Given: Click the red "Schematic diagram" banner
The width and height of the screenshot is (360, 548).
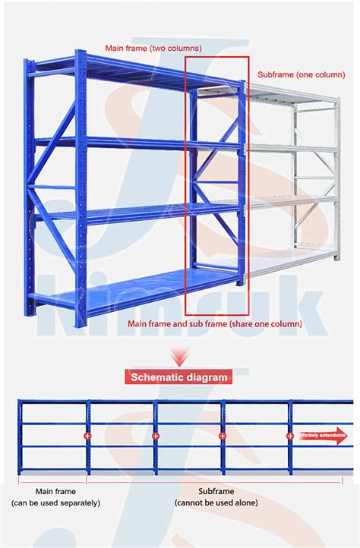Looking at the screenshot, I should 179,376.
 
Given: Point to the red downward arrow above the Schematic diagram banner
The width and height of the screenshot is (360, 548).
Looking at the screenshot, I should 179,354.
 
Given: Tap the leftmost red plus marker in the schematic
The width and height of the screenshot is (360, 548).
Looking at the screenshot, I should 87,436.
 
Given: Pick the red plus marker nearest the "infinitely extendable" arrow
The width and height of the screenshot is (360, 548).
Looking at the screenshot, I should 289,436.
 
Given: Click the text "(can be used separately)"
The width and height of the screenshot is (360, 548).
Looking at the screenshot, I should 55,502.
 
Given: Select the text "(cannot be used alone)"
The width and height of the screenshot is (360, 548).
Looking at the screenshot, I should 216,502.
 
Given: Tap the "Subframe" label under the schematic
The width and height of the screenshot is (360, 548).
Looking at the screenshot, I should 216,491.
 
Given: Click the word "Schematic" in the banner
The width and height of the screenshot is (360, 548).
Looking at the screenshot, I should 160,376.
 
